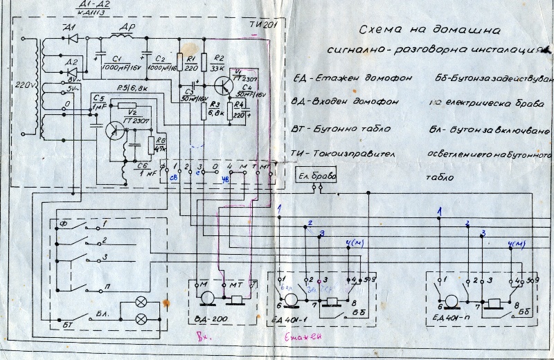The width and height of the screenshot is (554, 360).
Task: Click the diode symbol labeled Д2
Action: [72, 70]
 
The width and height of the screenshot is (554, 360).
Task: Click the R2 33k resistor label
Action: [219, 66]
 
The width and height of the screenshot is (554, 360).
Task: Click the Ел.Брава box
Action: [316, 176]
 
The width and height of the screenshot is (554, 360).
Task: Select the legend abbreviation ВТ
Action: [302, 128]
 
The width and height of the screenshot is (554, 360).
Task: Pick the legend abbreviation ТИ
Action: [301, 154]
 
